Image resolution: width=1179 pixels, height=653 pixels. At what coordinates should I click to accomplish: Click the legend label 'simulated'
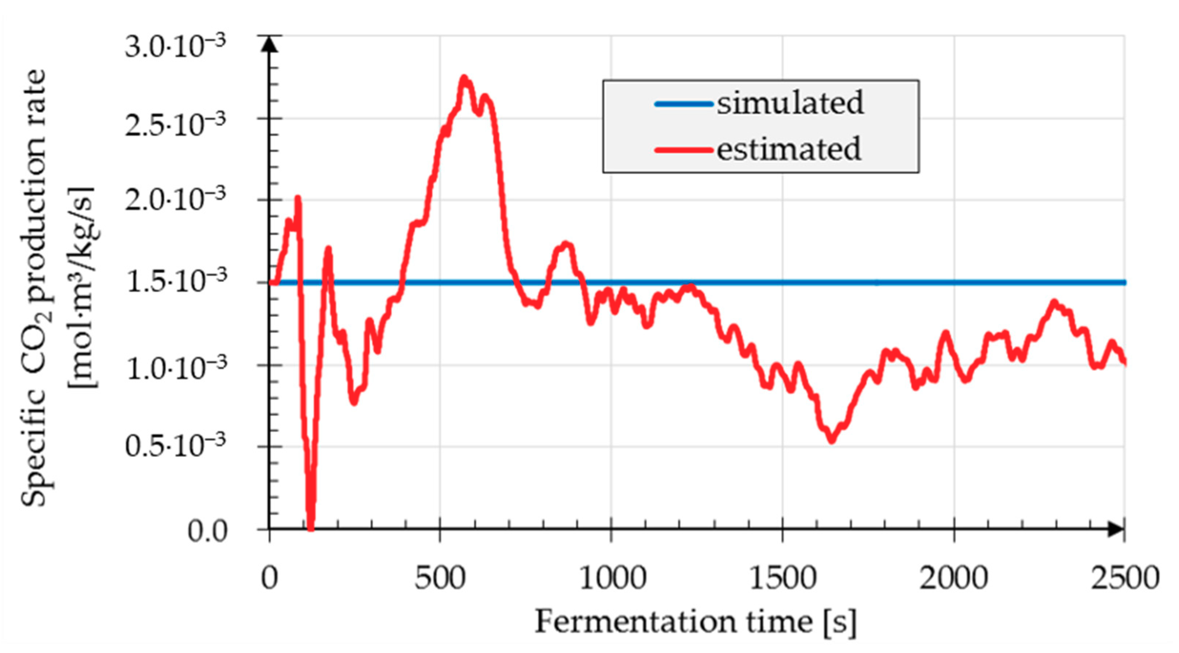(790, 103)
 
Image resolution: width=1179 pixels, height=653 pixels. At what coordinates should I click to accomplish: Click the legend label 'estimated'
(789, 149)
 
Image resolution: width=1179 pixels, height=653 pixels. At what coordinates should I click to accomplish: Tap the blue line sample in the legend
(684, 104)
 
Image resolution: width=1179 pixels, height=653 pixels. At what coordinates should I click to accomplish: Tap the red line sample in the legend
(684, 150)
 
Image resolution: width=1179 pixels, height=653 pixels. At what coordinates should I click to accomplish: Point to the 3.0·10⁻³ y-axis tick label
(175, 46)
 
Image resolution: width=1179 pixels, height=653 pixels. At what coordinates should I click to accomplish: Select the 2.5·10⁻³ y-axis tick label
(175, 125)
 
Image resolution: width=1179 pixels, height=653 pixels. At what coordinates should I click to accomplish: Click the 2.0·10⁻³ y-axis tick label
(175, 200)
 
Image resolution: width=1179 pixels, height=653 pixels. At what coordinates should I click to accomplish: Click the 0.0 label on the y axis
(207, 532)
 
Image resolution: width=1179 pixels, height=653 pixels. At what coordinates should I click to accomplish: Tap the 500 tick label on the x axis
(440, 578)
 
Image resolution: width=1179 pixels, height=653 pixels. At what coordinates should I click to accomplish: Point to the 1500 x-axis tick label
(783, 578)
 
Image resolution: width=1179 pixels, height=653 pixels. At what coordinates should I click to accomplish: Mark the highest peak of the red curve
(464, 78)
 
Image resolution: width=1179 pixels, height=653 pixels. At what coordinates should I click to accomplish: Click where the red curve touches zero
(311, 528)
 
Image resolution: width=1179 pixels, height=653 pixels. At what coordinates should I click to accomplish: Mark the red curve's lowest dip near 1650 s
(832, 441)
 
